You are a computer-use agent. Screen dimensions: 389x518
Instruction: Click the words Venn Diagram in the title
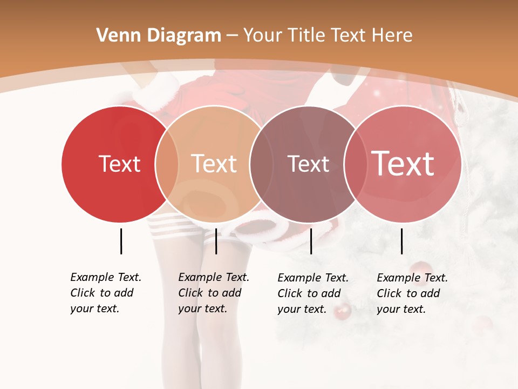159,36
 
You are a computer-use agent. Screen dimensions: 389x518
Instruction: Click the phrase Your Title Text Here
328,36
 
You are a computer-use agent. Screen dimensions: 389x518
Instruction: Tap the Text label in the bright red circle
119,164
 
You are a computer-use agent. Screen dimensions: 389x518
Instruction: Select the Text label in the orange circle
214,164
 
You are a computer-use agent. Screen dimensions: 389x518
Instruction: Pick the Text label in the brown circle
308,164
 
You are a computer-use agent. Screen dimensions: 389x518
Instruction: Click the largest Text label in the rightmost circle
403,163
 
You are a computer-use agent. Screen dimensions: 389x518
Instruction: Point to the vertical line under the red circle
121,241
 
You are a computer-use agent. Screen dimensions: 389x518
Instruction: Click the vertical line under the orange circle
216,241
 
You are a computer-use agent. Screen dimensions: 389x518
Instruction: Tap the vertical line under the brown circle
311,241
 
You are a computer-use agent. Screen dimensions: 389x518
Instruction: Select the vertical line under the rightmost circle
402,241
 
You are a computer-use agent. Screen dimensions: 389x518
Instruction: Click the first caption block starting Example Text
106,293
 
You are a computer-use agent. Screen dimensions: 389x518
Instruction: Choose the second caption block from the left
214,293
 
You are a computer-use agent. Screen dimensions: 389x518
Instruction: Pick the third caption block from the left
313,293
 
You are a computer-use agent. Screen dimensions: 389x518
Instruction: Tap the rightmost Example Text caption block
412,293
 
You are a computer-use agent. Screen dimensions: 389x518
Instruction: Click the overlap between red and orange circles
167,164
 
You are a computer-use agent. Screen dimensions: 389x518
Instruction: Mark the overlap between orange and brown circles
261,164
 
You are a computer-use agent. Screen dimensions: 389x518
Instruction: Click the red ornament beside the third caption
343,311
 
